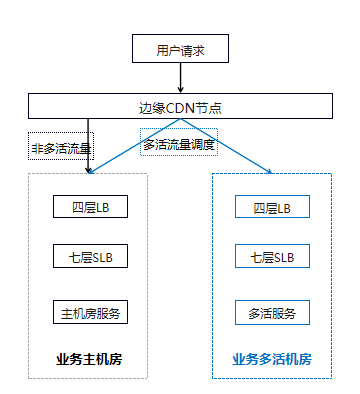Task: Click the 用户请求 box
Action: pyautogui.click(x=180, y=48)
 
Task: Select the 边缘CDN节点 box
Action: pyautogui.click(x=180, y=106)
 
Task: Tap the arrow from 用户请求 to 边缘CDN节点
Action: pyautogui.click(x=180, y=78)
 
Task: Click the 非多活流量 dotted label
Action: pyautogui.click(x=61, y=146)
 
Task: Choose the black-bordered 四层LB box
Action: pyautogui.click(x=90, y=207)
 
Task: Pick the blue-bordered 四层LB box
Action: pyautogui.click(x=272, y=207)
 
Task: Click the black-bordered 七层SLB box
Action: pyautogui.click(x=90, y=256)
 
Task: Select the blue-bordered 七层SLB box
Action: pyautogui.click(x=272, y=256)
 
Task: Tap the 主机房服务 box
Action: pyautogui.click(x=90, y=312)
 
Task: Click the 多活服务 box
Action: pyautogui.click(x=272, y=312)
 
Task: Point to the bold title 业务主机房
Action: pyautogui.click(x=89, y=359)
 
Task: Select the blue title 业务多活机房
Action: pyautogui.click(x=272, y=359)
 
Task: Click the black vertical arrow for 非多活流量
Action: pyautogui.click(x=88, y=146)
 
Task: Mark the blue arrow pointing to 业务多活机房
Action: pyautogui.click(x=226, y=146)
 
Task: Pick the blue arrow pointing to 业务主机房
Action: pyautogui.click(x=135, y=146)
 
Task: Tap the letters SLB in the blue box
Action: pyautogui.click(x=284, y=258)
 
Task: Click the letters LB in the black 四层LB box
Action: pyautogui.click(x=103, y=208)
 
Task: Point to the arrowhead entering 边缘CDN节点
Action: pyautogui.click(x=180, y=90)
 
